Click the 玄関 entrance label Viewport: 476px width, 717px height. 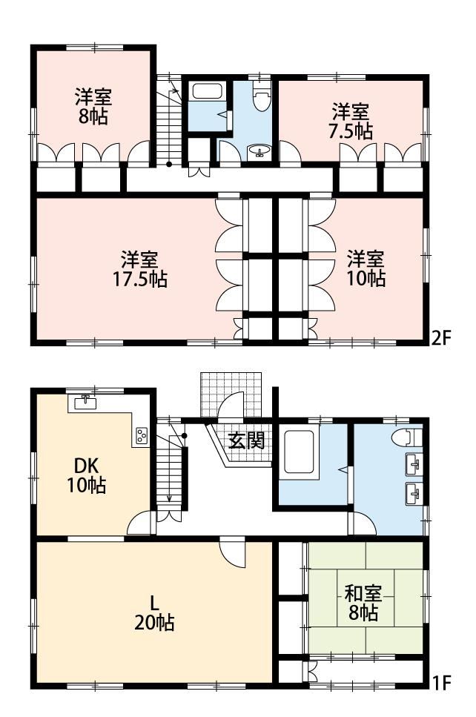246,440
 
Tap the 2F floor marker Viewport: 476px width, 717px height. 442,338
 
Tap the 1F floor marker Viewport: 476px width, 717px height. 442,683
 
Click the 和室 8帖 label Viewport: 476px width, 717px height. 363,604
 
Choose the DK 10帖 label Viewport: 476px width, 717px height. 87,475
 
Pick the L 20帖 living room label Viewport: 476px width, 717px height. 154,612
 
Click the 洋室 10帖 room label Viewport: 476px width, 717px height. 366,269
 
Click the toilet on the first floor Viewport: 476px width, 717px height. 407,437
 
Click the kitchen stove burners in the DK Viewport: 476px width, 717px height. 142,435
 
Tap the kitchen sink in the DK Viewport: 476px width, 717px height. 85,403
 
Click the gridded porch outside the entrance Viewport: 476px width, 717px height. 231,395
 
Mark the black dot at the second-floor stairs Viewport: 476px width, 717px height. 169,164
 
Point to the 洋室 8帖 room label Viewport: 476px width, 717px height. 93,107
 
